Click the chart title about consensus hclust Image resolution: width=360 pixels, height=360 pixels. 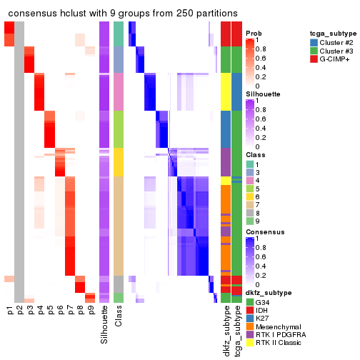click(123, 13)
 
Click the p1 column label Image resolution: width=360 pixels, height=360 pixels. click(9, 309)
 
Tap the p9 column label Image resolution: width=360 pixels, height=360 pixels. click(91, 309)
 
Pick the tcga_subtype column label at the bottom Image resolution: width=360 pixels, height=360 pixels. click(236, 328)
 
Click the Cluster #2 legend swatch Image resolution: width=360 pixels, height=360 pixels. click(314, 42)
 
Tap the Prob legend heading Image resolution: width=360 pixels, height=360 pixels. click(254, 33)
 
